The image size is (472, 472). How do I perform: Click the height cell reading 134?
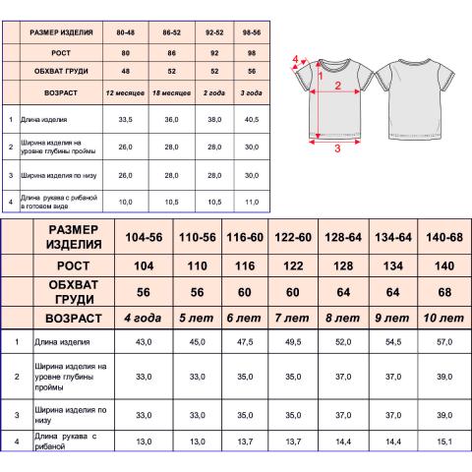tap(393, 265)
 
